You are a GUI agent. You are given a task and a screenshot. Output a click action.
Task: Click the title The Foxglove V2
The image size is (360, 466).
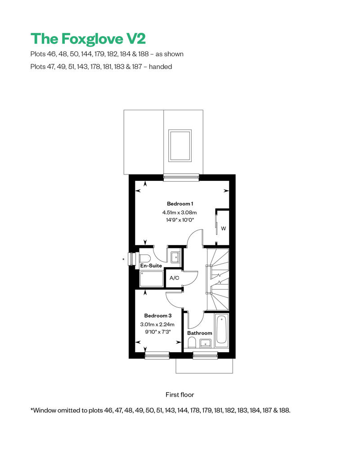pyautogui.click(x=88, y=39)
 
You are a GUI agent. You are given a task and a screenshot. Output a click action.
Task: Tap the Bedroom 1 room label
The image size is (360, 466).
pyautogui.click(x=180, y=204)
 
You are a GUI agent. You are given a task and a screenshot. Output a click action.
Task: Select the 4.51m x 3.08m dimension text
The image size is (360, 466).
pyautogui.click(x=180, y=212)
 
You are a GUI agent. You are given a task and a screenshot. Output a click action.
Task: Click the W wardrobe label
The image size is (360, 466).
pyautogui.click(x=223, y=229)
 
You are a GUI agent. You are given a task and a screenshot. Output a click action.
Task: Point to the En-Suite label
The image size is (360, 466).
pyautogui.click(x=151, y=266)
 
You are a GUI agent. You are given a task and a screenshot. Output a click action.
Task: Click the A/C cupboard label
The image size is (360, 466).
pyautogui.click(x=174, y=278)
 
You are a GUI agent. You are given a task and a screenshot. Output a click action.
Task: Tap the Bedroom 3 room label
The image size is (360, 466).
pyautogui.click(x=158, y=316)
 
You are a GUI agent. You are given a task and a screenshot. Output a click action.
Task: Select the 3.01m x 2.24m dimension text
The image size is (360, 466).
pyautogui.click(x=157, y=325)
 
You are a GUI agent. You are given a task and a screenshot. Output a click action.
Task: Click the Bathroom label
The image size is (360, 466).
pyautogui.click(x=199, y=333)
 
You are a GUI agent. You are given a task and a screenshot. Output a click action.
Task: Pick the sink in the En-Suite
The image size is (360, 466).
pyautogui.click(x=175, y=257)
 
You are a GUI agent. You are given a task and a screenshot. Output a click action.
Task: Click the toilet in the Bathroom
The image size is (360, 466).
pyautogui.click(x=192, y=344)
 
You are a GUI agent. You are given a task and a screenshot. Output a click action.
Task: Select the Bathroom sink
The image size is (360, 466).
pyautogui.click(x=205, y=344)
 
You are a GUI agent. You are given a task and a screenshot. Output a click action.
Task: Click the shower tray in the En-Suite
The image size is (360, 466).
pyautogui.click(x=152, y=279)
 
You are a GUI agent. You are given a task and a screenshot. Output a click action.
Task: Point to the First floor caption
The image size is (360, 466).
pyautogui.click(x=180, y=394)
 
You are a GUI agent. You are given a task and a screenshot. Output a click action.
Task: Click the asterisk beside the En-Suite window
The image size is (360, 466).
pyautogui.click(x=123, y=260)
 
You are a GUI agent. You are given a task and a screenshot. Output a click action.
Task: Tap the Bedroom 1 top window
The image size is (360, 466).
pyautogui.click(x=181, y=178)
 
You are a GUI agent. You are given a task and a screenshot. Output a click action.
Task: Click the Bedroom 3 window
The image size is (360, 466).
pyautogui.click(x=157, y=355)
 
